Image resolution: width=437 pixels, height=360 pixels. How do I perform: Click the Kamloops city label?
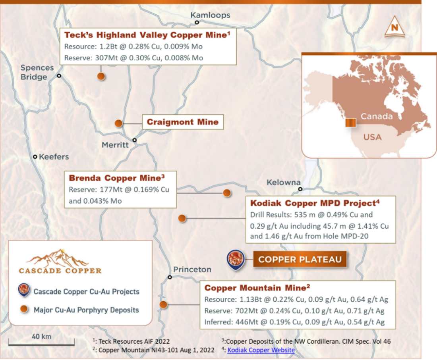(x=210, y=15)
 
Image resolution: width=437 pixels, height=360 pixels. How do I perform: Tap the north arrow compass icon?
(x=394, y=27)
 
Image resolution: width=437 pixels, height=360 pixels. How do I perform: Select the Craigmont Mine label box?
(x=183, y=122)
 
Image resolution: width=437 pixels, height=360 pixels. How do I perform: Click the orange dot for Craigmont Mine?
(x=118, y=123)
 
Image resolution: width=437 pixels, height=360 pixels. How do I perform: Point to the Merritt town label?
(x=115, y=145)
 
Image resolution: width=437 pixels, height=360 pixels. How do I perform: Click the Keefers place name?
(x=54, y=157)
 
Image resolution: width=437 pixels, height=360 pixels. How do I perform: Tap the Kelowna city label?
(x=283, y=183)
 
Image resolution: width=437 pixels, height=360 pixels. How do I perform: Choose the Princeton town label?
(x=192, y=270)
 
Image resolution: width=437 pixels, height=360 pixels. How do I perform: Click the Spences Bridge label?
(x=37, y=72)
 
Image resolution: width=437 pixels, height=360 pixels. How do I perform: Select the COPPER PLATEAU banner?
(x=300, y=260)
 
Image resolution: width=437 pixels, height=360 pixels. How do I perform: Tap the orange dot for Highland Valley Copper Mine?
(x=101, y=76)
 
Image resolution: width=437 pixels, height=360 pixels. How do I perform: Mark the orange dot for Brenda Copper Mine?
(x=226, y=193)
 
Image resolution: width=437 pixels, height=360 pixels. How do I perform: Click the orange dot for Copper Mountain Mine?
(x=163, y=304)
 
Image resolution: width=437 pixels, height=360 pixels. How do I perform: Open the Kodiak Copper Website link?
(x=261, y=350)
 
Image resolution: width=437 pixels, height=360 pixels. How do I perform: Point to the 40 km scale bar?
(x=41, y=344)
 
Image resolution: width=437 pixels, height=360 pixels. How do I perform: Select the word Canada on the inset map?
(x=377, y=117)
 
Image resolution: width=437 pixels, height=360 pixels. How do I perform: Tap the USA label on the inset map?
(x=372, y=137)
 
